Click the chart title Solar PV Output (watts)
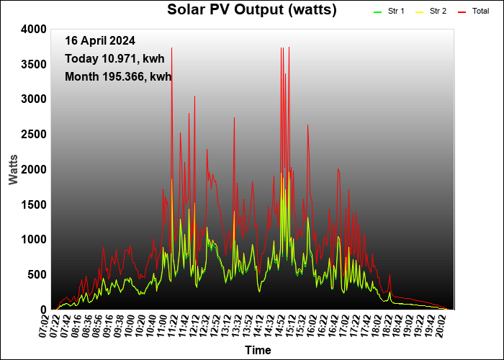[251, 10]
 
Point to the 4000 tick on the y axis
[34, 29]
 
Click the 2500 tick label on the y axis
[34, 134]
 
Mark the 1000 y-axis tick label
[34, 239]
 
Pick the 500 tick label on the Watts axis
[37, 274]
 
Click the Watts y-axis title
[13, 168]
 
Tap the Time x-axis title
[258, 351]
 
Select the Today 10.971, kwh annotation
[119, 58]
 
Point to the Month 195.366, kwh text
[118, 76]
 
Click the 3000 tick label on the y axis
[34, 99]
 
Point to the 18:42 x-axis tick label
[396, 325]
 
